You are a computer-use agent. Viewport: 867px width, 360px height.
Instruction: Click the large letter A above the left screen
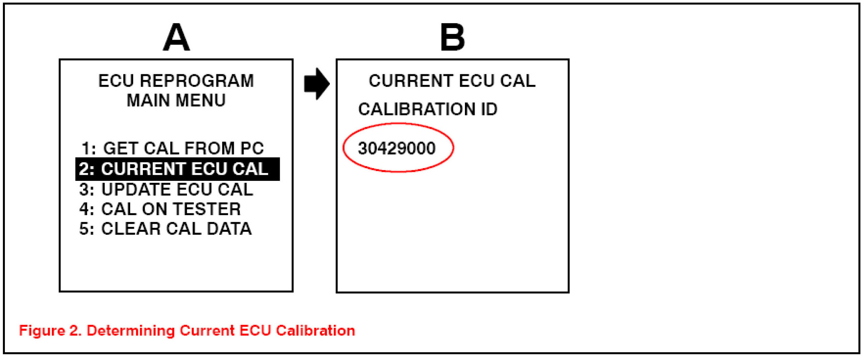point(176,38)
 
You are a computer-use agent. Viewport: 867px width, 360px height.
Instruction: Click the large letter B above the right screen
point(452,38)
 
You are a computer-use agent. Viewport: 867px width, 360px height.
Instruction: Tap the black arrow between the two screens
point(316,84)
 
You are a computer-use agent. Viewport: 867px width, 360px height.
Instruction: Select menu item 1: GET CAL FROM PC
point(173,148)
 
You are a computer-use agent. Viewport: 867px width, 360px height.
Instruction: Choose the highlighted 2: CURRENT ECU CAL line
point(178,169)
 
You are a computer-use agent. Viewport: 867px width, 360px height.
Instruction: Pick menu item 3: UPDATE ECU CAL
point(166,189)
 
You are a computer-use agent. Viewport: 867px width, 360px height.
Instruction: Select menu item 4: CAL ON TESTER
point(160,209)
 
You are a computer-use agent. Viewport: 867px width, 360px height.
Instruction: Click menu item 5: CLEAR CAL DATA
point(165,229)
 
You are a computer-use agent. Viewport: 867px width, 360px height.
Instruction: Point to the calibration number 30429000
point(397,148)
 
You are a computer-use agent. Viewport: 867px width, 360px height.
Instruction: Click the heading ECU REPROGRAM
point(176,81)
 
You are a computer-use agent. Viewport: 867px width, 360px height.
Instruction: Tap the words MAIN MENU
point(176,100)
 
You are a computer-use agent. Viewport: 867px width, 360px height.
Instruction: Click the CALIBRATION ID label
point(428,109)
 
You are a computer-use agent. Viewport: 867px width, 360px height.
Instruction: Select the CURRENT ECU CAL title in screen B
point(452,81)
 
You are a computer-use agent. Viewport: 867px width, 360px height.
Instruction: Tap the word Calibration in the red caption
point(315,331)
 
